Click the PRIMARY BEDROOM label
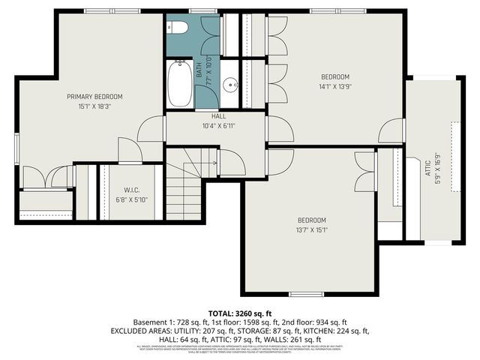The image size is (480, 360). click(x=94, y=96)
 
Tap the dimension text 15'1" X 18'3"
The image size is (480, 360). click(x=94, y=106)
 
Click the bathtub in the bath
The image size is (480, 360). click(x=180, y=85)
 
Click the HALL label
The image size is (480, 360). click(x=218, y=116)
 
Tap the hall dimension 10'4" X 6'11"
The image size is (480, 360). click(x=218, y=126)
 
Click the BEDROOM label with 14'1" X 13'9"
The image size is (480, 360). click(x=335, y=76)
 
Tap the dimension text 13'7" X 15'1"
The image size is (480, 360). click(x=311, y=229)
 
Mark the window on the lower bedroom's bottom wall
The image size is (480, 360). click(x=307, y=293)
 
